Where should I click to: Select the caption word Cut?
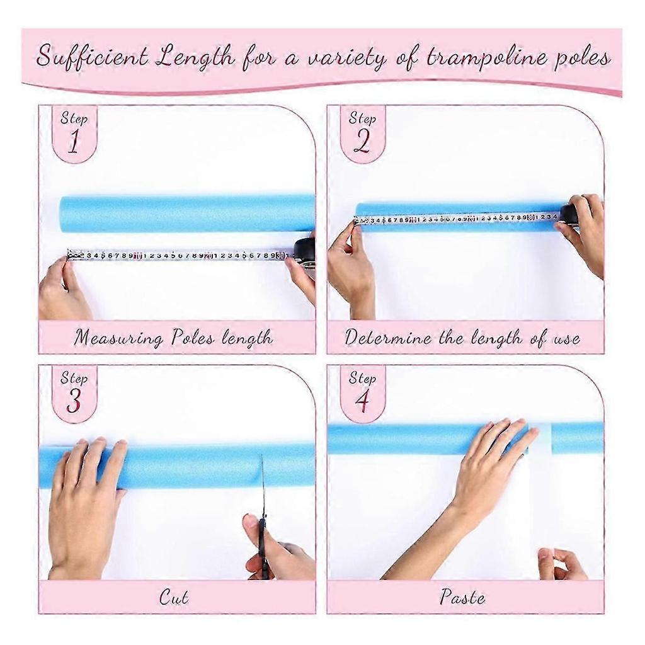(174, 597)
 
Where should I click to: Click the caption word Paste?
(462, 596)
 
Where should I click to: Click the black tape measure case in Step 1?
(305, 252)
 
